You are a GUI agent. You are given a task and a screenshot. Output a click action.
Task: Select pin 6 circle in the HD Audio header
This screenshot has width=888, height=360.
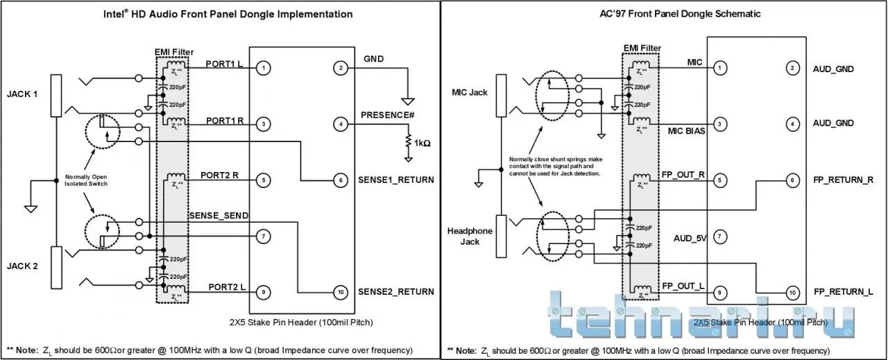[x=340, y=180]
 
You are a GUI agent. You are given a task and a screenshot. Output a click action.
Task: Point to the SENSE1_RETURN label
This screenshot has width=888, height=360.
[x=397, y=180]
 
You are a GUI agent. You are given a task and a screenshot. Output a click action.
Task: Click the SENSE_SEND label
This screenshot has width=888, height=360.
[x=219, y=216]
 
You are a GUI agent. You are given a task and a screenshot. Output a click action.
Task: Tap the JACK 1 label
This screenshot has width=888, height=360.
[x=22, y=94]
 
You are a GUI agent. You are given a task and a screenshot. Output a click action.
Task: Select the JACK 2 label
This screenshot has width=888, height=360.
[x=22, y=266]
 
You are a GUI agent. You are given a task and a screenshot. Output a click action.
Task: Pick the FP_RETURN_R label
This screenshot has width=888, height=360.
[x=843, y=180]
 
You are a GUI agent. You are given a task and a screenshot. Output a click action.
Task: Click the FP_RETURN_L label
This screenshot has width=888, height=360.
[x=843, y=292]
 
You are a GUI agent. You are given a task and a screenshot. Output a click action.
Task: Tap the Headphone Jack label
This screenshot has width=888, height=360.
[x=470, y=237]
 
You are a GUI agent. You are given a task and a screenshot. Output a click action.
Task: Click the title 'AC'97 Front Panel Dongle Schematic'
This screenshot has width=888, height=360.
[x=661, y=14]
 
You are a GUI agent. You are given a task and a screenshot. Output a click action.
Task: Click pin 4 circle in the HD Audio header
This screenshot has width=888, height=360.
[x=340, y=125]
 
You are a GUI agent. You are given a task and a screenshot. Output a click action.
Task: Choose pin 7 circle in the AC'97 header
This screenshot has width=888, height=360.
[x=721, y=237]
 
